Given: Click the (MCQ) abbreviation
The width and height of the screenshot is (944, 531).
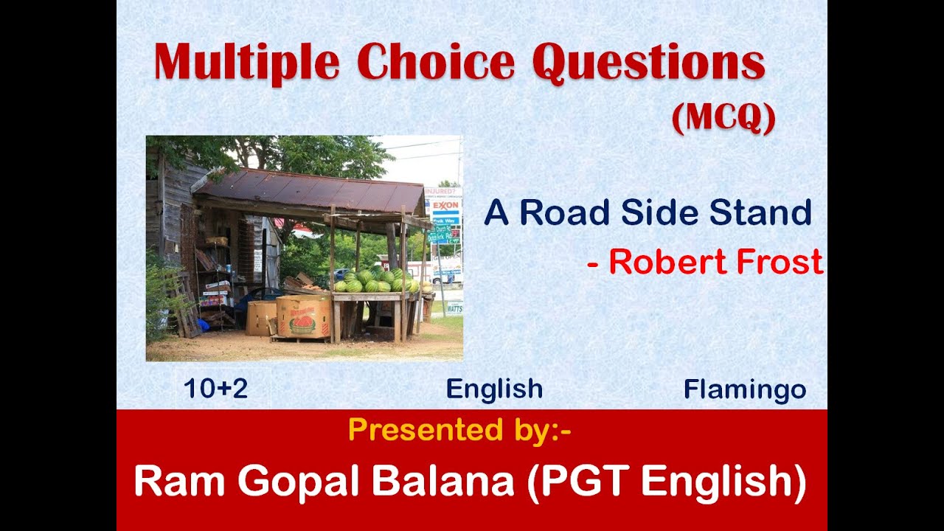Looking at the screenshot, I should (x=723, y=118).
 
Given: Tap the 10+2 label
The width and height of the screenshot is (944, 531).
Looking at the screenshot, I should (x=215, y=389).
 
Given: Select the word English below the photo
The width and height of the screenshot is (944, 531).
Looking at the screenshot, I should (x=494, y=389).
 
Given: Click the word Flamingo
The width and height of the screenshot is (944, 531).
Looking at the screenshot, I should (x=744, y=389).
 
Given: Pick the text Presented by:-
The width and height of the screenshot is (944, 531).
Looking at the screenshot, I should (x=459, y=429).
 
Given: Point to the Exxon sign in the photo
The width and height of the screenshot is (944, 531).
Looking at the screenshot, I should (x=446, y=205).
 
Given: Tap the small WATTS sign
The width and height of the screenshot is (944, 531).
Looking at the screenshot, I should (x=454, y=307).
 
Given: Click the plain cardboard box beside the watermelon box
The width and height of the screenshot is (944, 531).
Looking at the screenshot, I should (x=261, y=317).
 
